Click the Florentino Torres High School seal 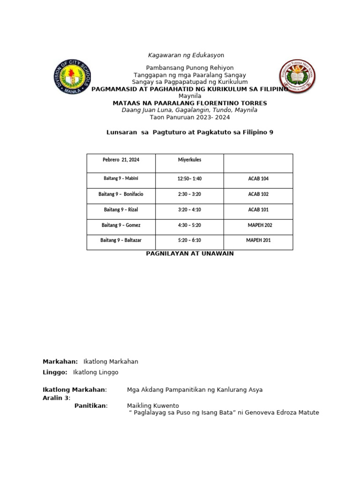coord(297,76)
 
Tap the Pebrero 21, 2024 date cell coord(121,160)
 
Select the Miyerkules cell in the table coord(189,160)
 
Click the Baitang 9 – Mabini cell coord(121,179)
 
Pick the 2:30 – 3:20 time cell coord(189,194)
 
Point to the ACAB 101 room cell coord(258,210)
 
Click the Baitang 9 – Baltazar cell coord(121,240)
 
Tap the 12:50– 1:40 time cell coord(189,179)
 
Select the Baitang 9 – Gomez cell coord(121,225)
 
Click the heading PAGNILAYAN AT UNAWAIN coord(189,254)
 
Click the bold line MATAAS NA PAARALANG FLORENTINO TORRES coord(190,103)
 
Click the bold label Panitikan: coord(91,405)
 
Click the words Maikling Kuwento coord(153,405)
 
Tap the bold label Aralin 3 coord(56,398)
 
